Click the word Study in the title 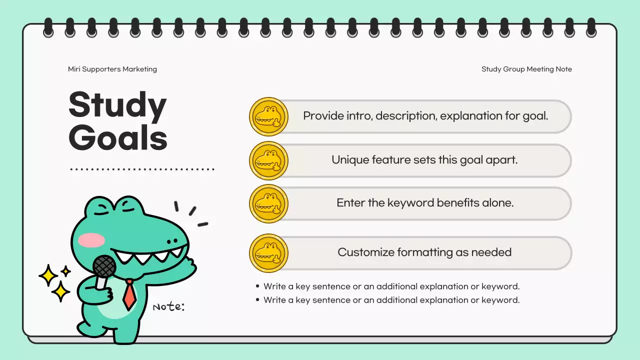point(117,106)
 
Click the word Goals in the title point(117,137)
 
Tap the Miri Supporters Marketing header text point(112,69)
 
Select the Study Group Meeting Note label point(526,69)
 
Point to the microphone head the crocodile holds point(104,266)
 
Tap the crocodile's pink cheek point(91,240)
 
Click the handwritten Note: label point(168,306)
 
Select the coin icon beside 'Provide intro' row point(268,116)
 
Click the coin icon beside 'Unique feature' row point(268,160)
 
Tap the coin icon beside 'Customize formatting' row point(268,253)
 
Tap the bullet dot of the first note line point(258,286)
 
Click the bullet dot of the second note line point(258,300)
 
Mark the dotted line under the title point(142,169)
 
